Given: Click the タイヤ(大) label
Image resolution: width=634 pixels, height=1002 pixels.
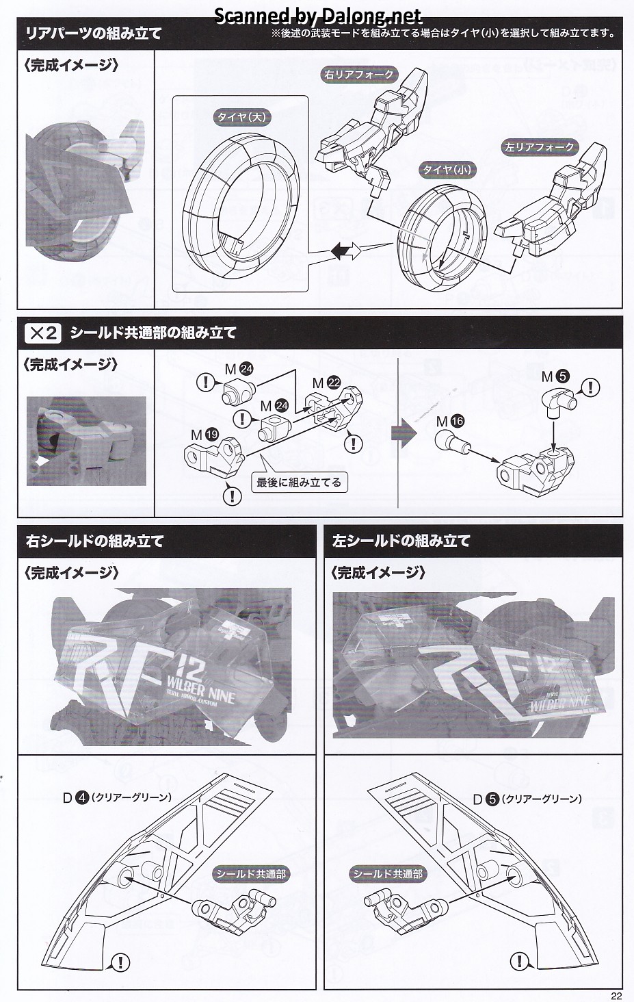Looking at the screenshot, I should tap(241, 117).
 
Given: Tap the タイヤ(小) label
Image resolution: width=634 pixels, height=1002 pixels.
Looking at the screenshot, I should tap(446, 169).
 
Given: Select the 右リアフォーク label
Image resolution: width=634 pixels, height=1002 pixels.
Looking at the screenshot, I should tap(358, 75).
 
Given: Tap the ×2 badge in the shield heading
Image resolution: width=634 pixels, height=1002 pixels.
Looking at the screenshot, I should tap(43, 333).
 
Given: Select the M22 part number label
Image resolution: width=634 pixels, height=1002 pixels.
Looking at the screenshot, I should tap(326, 383).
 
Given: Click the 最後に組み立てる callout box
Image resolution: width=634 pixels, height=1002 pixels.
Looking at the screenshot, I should tap(298, 482).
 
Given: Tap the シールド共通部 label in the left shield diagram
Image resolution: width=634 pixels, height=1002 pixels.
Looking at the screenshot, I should tap(387, 874).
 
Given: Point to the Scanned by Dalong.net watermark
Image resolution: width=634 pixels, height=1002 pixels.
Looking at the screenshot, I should tap(318, 15).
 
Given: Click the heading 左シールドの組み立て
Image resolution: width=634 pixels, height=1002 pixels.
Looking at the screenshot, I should tap(401, 541).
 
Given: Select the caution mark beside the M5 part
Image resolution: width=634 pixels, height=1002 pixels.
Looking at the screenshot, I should tap(590, 388).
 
